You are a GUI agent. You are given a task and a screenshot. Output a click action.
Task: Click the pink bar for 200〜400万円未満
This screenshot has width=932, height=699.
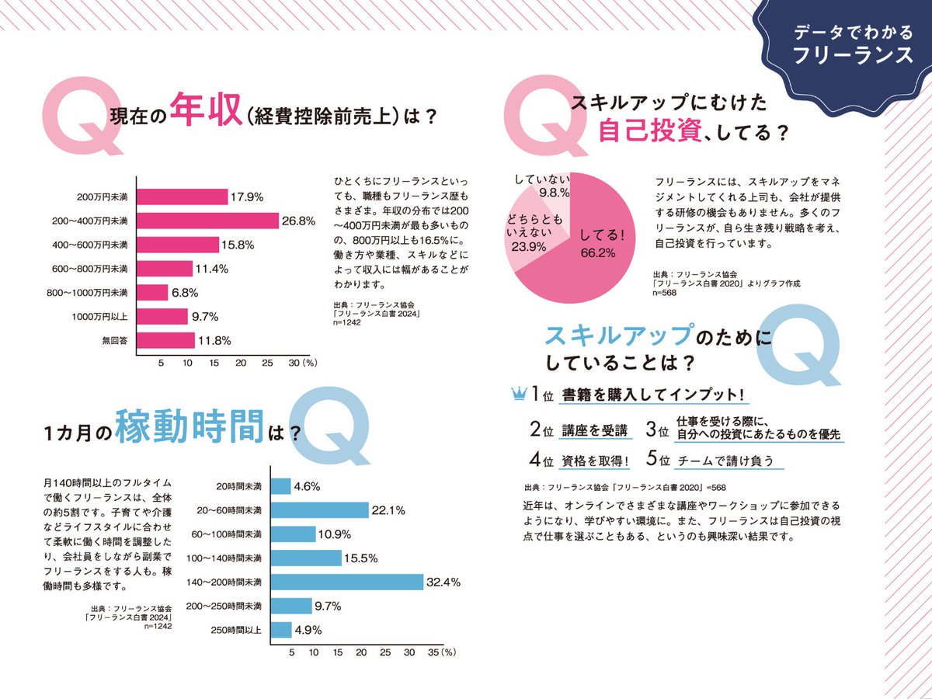tap(207, 221)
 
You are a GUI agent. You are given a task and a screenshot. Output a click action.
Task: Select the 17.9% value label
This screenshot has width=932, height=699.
tap(247, 196)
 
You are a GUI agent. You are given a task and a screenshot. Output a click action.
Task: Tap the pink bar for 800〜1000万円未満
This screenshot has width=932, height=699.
tap(152, 293)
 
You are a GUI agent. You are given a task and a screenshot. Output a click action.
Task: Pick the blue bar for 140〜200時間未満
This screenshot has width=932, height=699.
tap(346, 581)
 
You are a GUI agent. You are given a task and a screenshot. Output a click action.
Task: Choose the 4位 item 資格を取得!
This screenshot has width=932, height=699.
tap(596, 460)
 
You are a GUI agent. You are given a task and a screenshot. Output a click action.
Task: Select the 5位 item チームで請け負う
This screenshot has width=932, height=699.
tap(725, 460)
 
